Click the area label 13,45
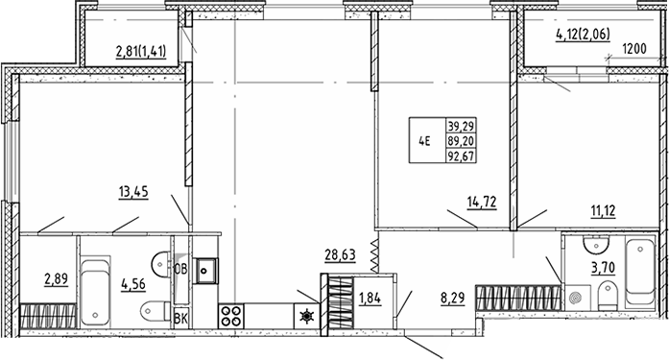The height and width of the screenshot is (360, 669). (133, 192)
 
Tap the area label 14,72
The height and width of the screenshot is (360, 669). (482, 202)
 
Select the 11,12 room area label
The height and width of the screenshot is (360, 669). (604, 211)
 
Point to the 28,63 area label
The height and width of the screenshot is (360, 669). (340, 255)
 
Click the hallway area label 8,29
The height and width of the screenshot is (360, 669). (452, 298)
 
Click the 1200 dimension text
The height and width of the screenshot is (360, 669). (634, 49)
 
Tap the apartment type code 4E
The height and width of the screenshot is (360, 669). (424, 141)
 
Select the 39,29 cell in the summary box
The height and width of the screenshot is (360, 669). (461, 127)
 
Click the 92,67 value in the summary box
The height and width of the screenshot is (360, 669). (461, 156)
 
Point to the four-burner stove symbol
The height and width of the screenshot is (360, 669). (231, 316)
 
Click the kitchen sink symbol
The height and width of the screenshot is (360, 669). (204, 271)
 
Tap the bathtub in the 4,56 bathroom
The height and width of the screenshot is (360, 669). (95, 292)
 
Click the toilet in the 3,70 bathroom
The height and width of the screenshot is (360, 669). (608, 296)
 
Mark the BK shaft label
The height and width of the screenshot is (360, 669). (180, 319)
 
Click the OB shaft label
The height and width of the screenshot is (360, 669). (180, 269)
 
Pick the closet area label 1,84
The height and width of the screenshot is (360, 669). (370, 299)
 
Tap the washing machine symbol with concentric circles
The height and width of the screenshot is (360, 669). (578, 297)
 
